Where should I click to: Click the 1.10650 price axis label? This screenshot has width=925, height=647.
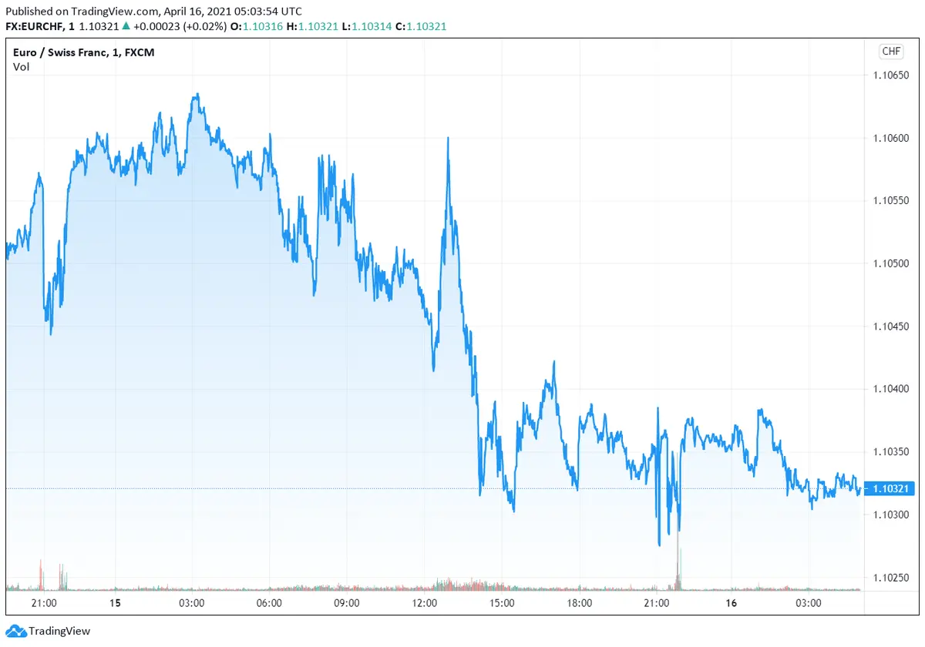(x=892, y=75)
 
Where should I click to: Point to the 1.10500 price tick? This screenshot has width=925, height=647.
(x=892, y=263)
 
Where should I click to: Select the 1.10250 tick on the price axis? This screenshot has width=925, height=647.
(x=892, y=578)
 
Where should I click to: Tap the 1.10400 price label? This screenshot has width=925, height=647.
(x=892, y=389)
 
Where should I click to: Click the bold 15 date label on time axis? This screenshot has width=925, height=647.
(x=115, y=603)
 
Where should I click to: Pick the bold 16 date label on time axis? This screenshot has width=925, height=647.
(x=731, y=603)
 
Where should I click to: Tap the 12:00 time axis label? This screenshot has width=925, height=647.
(x=425, y=603)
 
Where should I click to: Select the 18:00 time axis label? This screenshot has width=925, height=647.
(x=579, y=603)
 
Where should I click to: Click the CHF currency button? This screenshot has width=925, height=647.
(x=891, y=52)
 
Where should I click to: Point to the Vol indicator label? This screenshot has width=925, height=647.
(x=21, y=67)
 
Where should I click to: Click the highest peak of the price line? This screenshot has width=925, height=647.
(x=197, y=95)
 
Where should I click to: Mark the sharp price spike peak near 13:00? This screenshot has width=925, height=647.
(x=448, y=139)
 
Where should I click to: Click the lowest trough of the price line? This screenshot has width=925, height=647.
(x=660, y=545)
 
